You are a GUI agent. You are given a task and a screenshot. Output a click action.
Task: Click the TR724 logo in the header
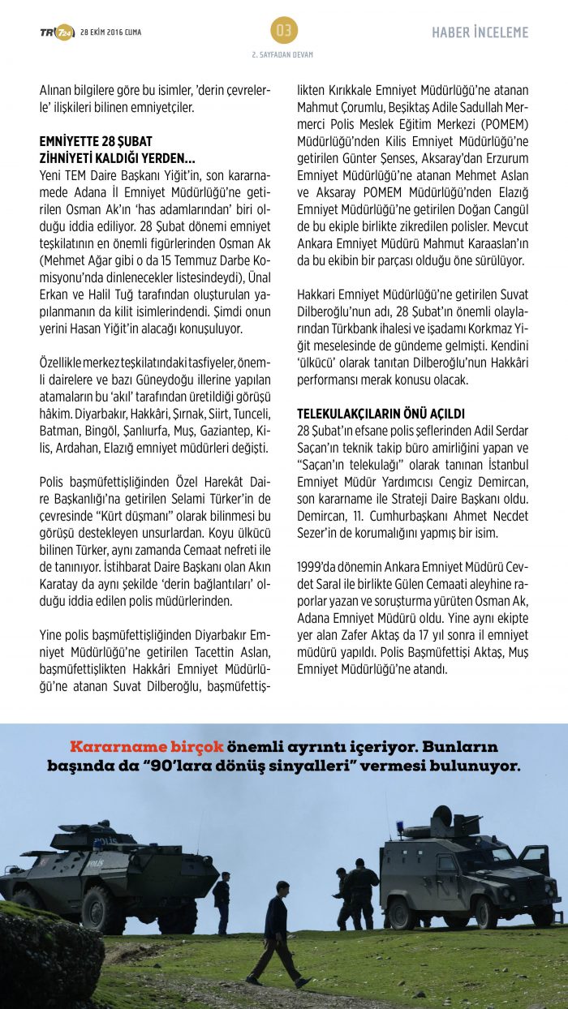click(x=56, y=32)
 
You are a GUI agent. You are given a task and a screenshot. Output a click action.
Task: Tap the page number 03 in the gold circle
click(x=284, y=31)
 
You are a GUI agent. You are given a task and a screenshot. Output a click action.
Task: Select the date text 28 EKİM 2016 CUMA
click(x=110, y=32)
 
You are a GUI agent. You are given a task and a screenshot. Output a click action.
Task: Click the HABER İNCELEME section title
click(x=480, y=32)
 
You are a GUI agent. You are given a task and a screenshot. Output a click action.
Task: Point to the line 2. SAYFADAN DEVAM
click(x=283, y=54)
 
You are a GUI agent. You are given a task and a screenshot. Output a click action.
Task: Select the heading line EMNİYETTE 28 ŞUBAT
click(x=96, y=140)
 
